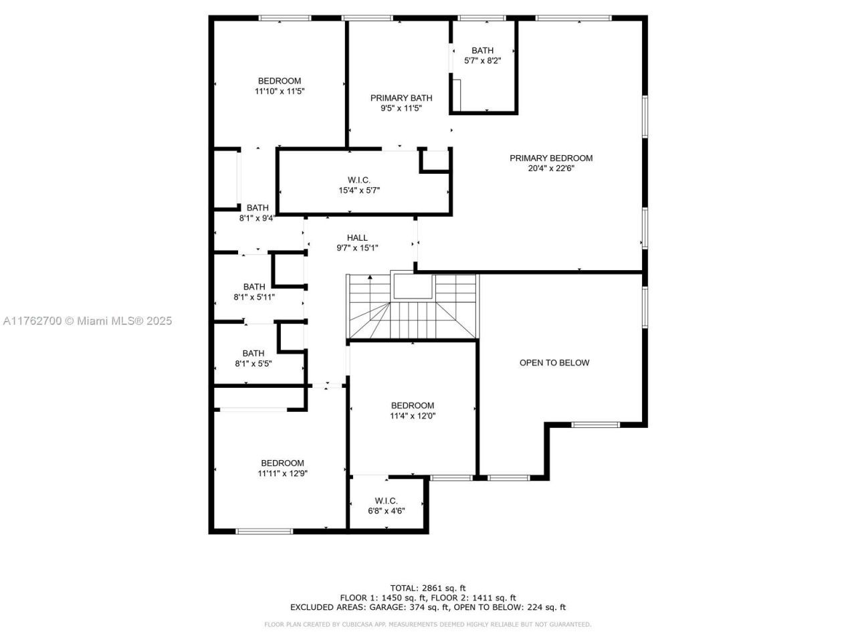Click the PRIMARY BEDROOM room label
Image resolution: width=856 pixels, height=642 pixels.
(x=551, y=158)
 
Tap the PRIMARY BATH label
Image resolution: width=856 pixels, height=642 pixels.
(x=401, y=98)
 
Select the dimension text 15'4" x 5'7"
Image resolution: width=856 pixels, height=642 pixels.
(x=359, y=191)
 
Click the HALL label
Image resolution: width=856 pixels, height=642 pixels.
(x=357, y=237)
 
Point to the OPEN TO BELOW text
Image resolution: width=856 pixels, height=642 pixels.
(x=554, y=362)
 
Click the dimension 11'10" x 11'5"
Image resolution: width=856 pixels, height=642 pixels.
(x=280, y=92)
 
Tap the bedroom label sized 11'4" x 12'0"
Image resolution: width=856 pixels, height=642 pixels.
(x=413, y=405)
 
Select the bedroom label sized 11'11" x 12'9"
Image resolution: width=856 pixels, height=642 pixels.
(x=282, y=463)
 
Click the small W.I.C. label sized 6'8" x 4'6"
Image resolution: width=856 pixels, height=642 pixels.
(x=387, y=500)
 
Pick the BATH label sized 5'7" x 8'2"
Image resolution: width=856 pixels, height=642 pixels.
(x=482, y=50)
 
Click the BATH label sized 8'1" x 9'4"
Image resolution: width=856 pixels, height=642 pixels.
(x=257, y=208)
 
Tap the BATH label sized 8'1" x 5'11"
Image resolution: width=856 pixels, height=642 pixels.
(x=254, y=287)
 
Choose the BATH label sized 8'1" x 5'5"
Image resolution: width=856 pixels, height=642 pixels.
(x=253, y=353)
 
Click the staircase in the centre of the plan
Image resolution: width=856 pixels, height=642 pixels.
(x=412, y=308)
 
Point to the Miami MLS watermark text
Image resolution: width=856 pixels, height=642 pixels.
(x=88, y=321)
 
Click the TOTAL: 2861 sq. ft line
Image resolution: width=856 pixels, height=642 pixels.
(x=428, y=588)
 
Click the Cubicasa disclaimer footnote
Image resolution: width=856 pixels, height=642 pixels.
(x=428, y=625)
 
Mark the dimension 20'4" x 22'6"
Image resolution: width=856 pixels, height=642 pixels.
(x=551, y=169)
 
